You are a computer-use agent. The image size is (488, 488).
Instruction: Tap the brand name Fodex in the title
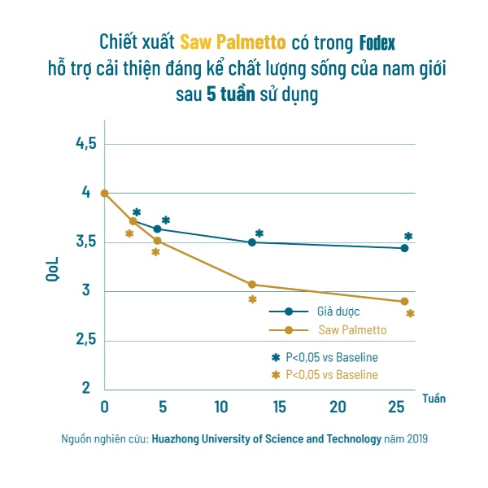pos(377,41)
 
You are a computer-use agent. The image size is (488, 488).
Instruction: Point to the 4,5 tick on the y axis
pos(85,144)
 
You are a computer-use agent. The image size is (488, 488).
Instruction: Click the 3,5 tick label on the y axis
pos(85,242)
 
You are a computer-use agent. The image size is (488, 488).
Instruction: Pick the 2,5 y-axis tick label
pos(85,340)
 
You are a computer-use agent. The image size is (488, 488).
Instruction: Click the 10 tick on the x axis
pos(220,407)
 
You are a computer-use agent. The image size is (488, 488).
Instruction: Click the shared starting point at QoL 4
pos(104,193)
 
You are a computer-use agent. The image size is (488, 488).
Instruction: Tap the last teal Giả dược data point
pos(404,248)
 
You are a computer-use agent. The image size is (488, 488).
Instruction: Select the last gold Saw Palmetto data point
pos(404,302)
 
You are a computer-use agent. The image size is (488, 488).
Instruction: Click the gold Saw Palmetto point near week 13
pos(252,285)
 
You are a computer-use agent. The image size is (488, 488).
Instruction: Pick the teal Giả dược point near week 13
pos(252,242)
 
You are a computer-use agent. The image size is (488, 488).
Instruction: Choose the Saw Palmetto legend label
pos(351,330)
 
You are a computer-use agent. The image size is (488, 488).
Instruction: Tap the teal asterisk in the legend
pos(275,357)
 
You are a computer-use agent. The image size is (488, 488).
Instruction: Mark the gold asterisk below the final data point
pos(410,313)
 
